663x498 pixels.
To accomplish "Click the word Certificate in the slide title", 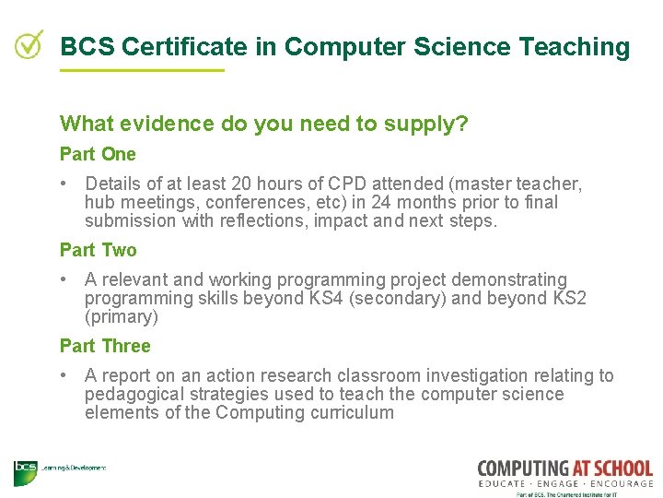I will [x=173, y=47].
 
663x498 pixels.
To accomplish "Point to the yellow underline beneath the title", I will [x=142, y=70].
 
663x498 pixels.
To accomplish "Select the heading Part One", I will [x=98, y=154].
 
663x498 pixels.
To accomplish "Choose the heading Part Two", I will [x=98, y=250].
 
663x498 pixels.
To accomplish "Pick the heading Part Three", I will [x=105, y=346].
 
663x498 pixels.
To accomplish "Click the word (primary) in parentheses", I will [x=122, y=316].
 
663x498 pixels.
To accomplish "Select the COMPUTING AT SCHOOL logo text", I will [x=564, y=468].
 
